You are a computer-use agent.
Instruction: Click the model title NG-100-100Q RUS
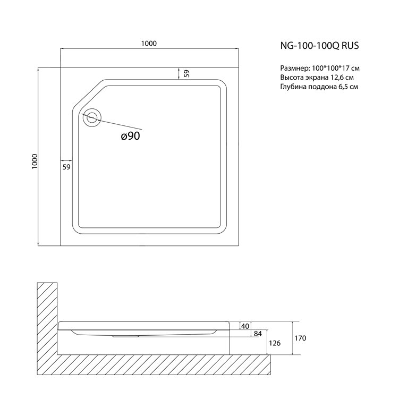click(x=319, y=46)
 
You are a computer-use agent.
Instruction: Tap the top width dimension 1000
click(x=149, y=44)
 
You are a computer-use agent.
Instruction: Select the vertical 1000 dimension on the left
click(x=35, y=161)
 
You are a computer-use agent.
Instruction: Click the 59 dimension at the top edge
click(x=186, y=74)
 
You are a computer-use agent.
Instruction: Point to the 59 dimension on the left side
click(x=66, y=167)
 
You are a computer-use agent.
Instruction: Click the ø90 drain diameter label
click(x=130, y=136)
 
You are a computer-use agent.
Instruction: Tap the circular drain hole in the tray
click(x=91, y=117)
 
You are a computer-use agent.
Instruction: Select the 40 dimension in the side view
click(x=245, y=326)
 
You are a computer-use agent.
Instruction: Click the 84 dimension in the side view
click(x=258, y=334)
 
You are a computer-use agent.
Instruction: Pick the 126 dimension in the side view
click(x=275, y=343)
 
